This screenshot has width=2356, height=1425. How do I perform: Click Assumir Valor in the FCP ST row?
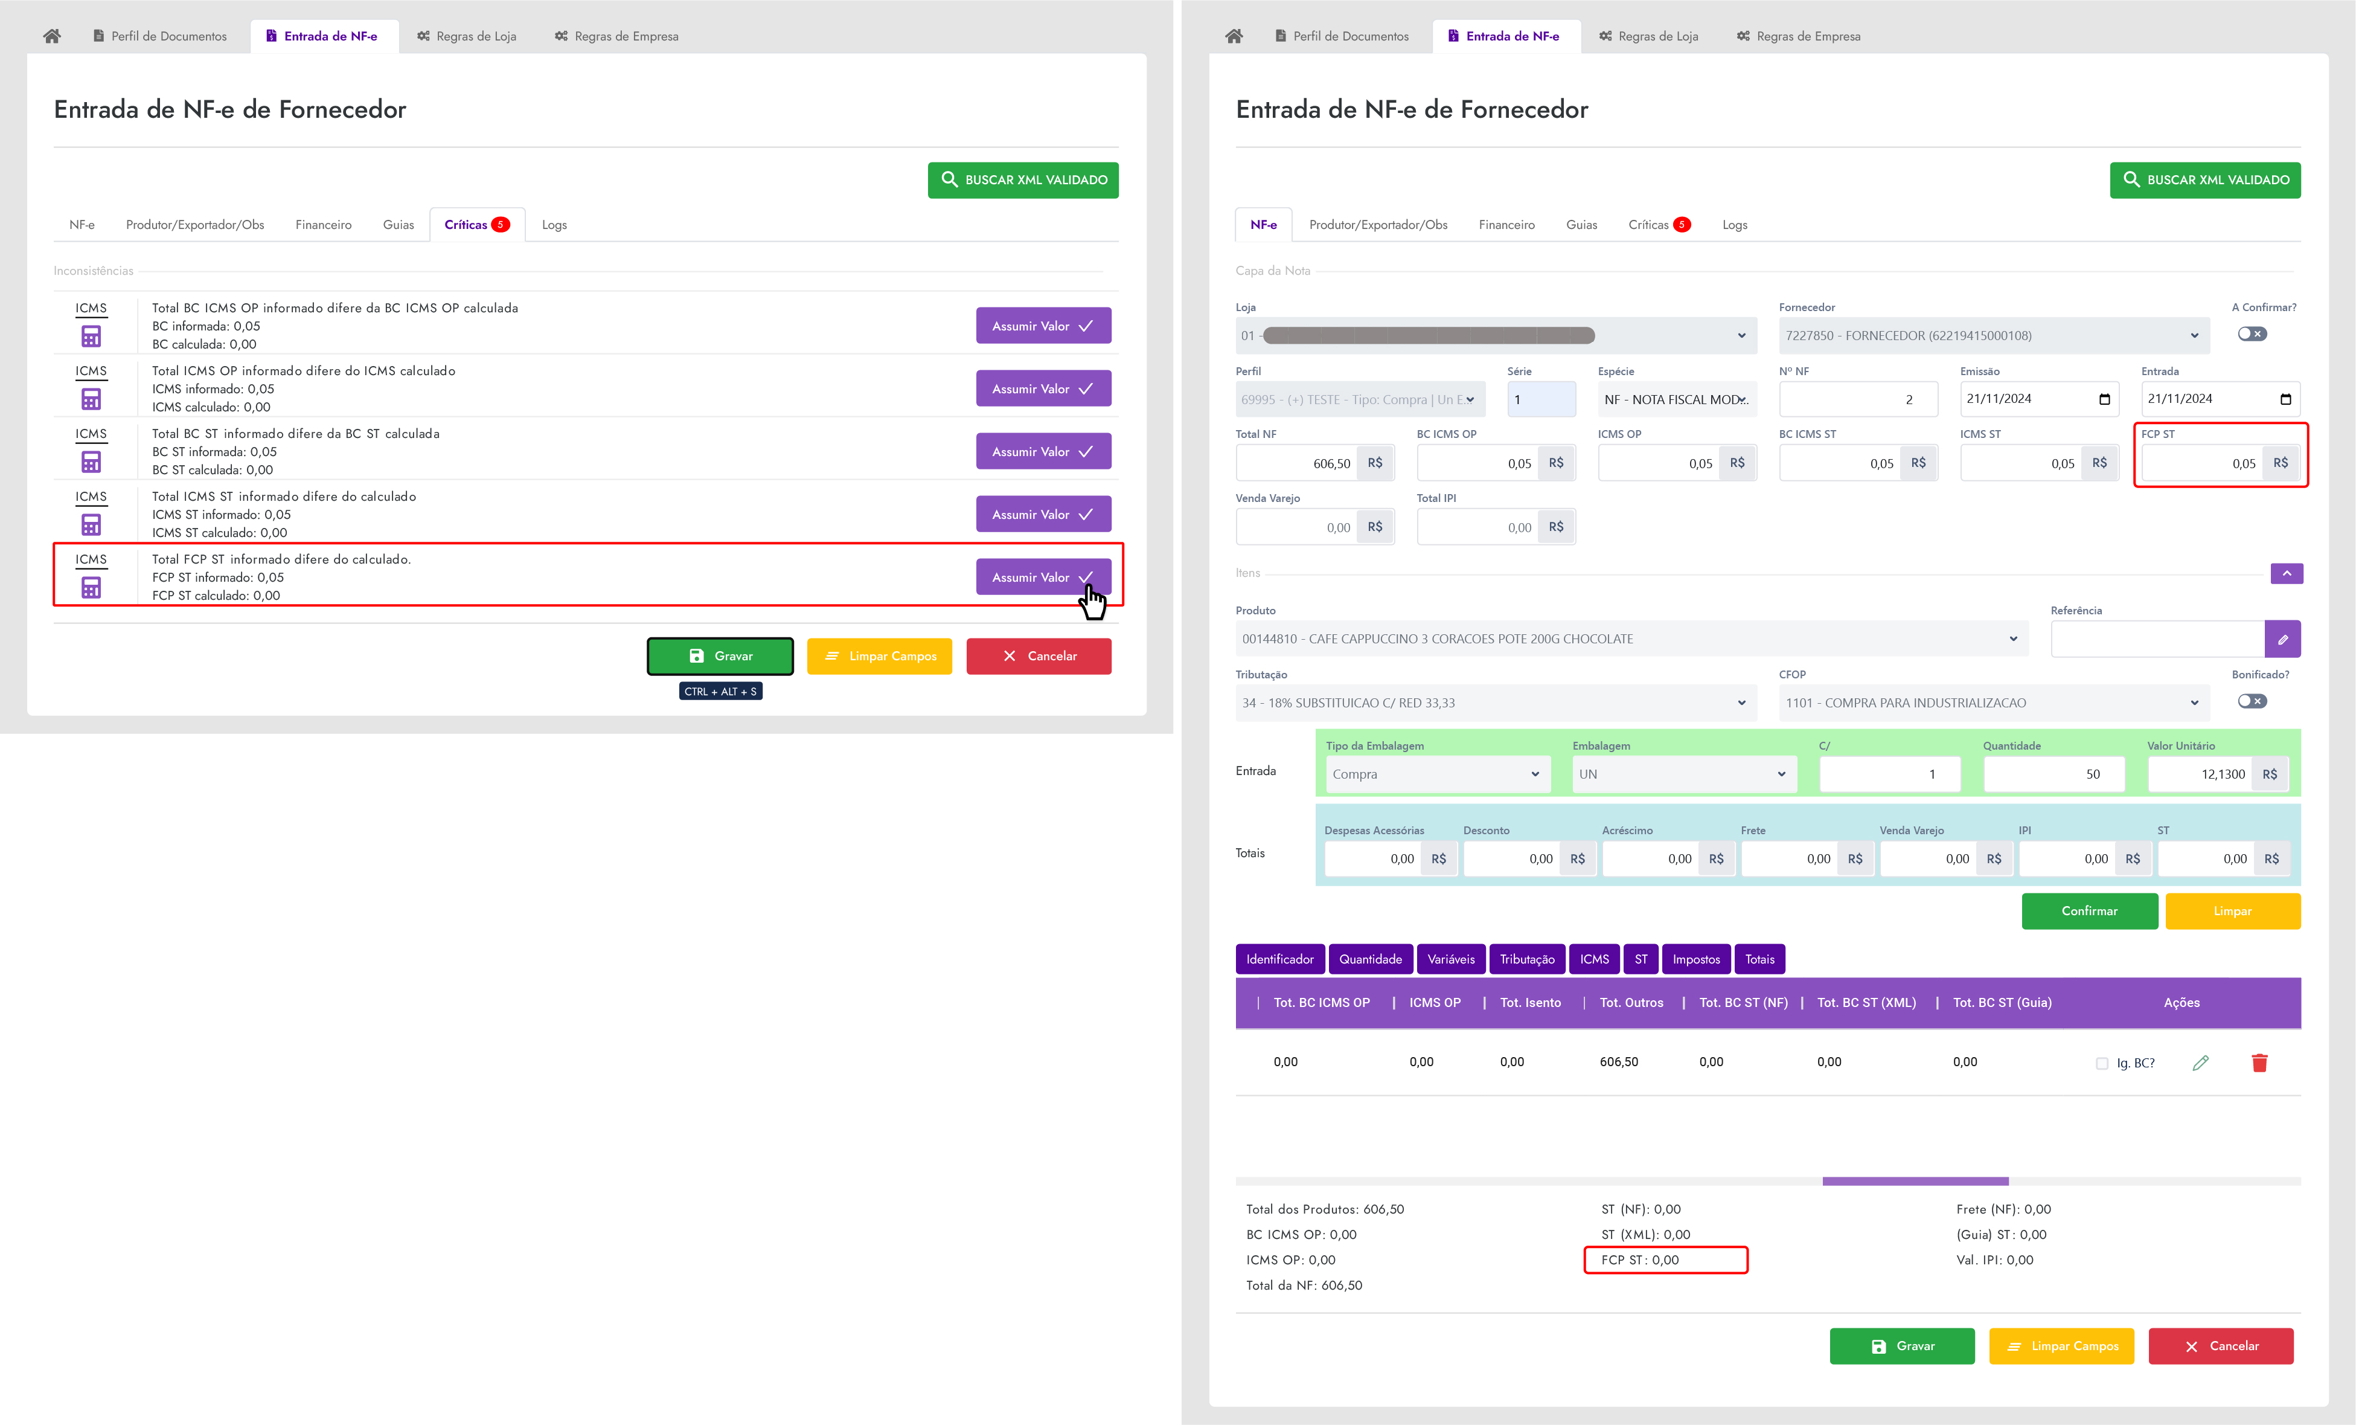tap(1042, 577)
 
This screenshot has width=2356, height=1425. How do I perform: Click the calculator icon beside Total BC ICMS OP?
tap(91, 336)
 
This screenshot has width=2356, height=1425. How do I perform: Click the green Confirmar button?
tap(2089, 910)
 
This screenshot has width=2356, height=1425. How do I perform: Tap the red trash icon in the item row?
tap(2259, 1063)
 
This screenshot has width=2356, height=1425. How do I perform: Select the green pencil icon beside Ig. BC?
tap(2200, 1063)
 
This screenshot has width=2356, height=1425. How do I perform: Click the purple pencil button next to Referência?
tap(2282, 639)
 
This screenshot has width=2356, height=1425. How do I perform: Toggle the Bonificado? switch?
tap(2252, 701)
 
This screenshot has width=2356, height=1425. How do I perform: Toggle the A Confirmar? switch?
tap(2252, 334)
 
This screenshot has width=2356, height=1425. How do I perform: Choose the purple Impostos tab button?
tap(1695, 959)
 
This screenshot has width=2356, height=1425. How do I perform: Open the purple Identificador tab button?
tap(1279, 959)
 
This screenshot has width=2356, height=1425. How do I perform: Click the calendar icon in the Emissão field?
tap(2104, 399)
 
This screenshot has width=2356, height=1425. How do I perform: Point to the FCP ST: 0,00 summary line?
tap(1665, 1259)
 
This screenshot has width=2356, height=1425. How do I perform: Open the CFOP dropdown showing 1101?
tap(1993, 703)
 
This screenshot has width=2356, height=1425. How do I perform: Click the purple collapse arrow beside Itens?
tap(2286, 573)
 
